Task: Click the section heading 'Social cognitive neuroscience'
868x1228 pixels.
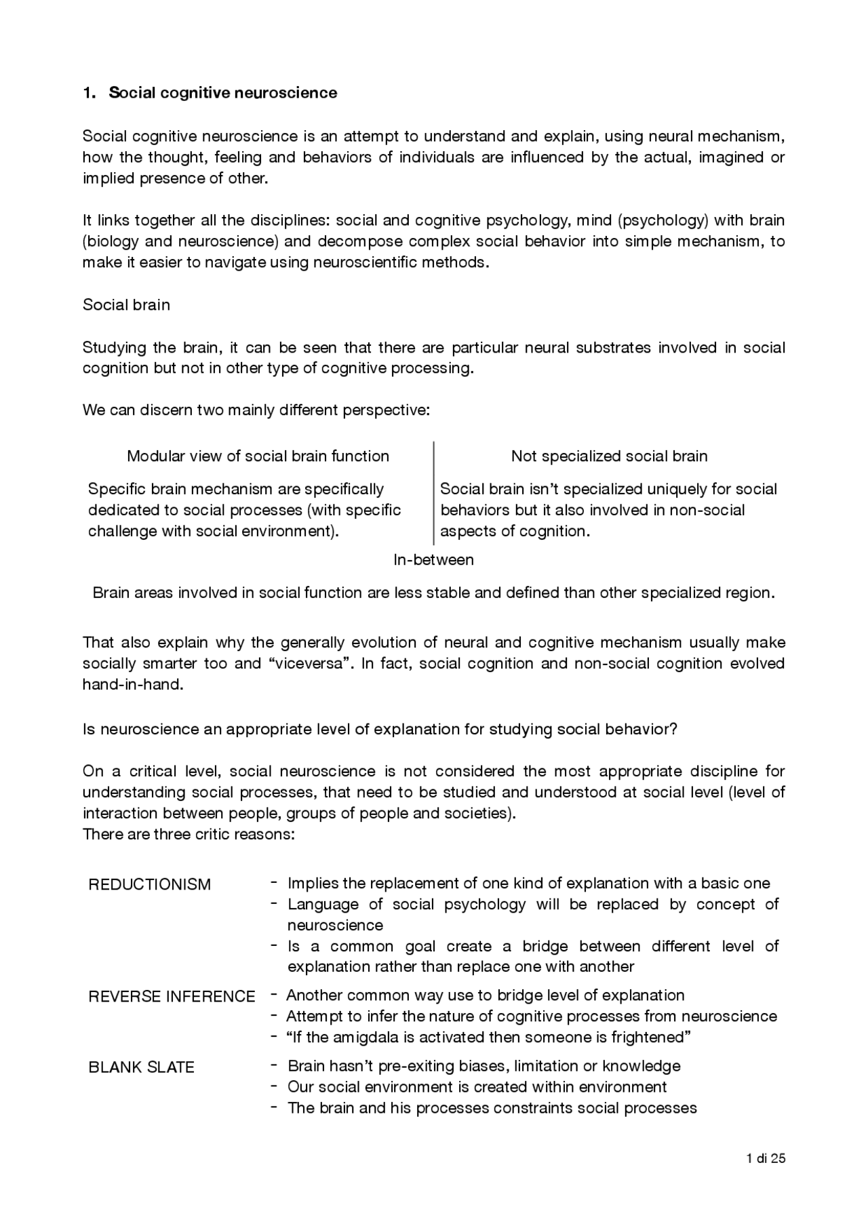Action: click(x=222, y=93)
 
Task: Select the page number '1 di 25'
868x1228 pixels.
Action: click(x=766, y=1158)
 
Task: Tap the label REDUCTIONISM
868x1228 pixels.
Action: click(x=149, y=884)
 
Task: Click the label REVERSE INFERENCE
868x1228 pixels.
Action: click(x=172, y=996)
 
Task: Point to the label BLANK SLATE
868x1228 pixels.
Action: click(x=141, y=1067)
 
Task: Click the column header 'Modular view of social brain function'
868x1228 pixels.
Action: click(x=258, y=456)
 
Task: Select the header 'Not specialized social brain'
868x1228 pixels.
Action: click(x=609, y=456)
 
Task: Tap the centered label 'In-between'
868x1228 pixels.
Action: click(x=433, y=559)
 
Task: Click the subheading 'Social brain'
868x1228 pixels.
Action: click(x=126, y=304)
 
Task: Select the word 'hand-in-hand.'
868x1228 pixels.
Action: click(x=133, y=684)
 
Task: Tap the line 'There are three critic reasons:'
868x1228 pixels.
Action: click(x=189, y=834)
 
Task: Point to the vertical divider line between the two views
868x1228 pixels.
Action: click(x=433, y=493)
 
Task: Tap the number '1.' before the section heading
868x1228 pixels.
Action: click(x=89, y=93)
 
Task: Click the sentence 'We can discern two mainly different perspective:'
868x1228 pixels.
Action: click(x=256, y=410)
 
